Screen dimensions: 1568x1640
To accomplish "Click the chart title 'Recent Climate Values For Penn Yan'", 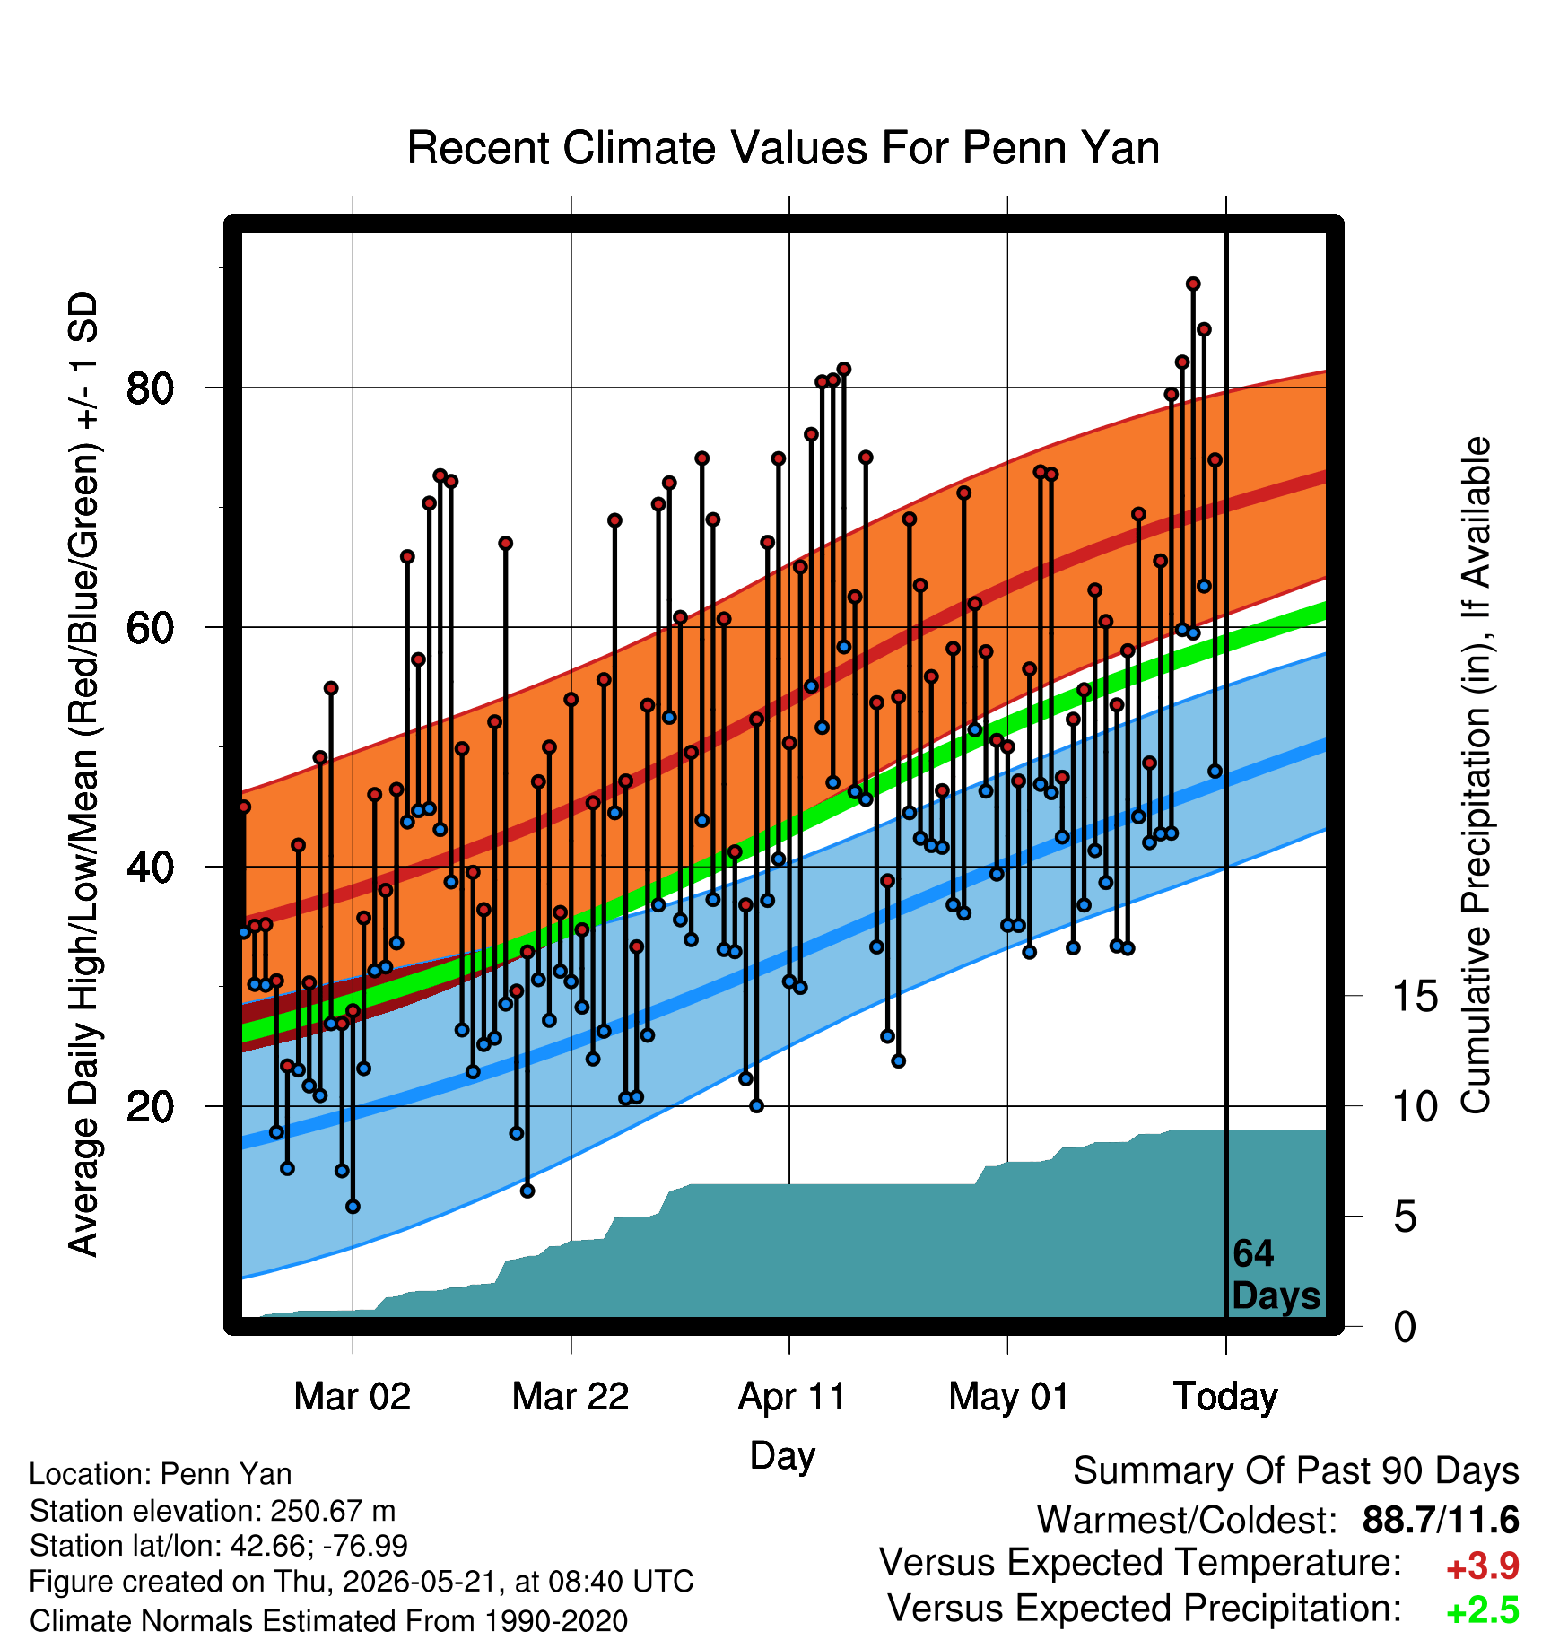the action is (783, 148).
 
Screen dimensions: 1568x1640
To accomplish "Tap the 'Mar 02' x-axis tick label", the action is (353, 1396).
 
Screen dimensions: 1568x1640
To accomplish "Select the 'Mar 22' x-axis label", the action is (571, 1396).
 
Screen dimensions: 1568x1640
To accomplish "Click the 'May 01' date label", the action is (1009, 1396).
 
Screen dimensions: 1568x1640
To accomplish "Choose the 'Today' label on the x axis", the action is (1226, 1396).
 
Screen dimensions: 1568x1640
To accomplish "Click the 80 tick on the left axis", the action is (150, 388).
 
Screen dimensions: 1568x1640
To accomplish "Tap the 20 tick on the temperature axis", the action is (150, 1106).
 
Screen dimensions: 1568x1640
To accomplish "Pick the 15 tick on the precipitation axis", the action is (1416, 996).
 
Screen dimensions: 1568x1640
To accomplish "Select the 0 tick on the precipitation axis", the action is (1405, 1326).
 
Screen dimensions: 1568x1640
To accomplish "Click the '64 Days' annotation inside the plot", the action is (1276, 1274).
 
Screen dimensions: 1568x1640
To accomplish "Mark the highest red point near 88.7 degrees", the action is (1193, 284).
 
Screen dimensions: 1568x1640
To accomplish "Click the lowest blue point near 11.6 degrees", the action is (353, 1207).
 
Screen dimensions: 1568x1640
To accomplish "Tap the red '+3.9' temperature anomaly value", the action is (1482, 1566).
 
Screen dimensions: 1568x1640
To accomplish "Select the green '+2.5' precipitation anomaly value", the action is (1482, 1611).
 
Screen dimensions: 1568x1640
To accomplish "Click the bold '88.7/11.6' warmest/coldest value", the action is (1441, 1520).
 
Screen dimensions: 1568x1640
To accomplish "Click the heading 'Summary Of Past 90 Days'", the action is (1296, 1471).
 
